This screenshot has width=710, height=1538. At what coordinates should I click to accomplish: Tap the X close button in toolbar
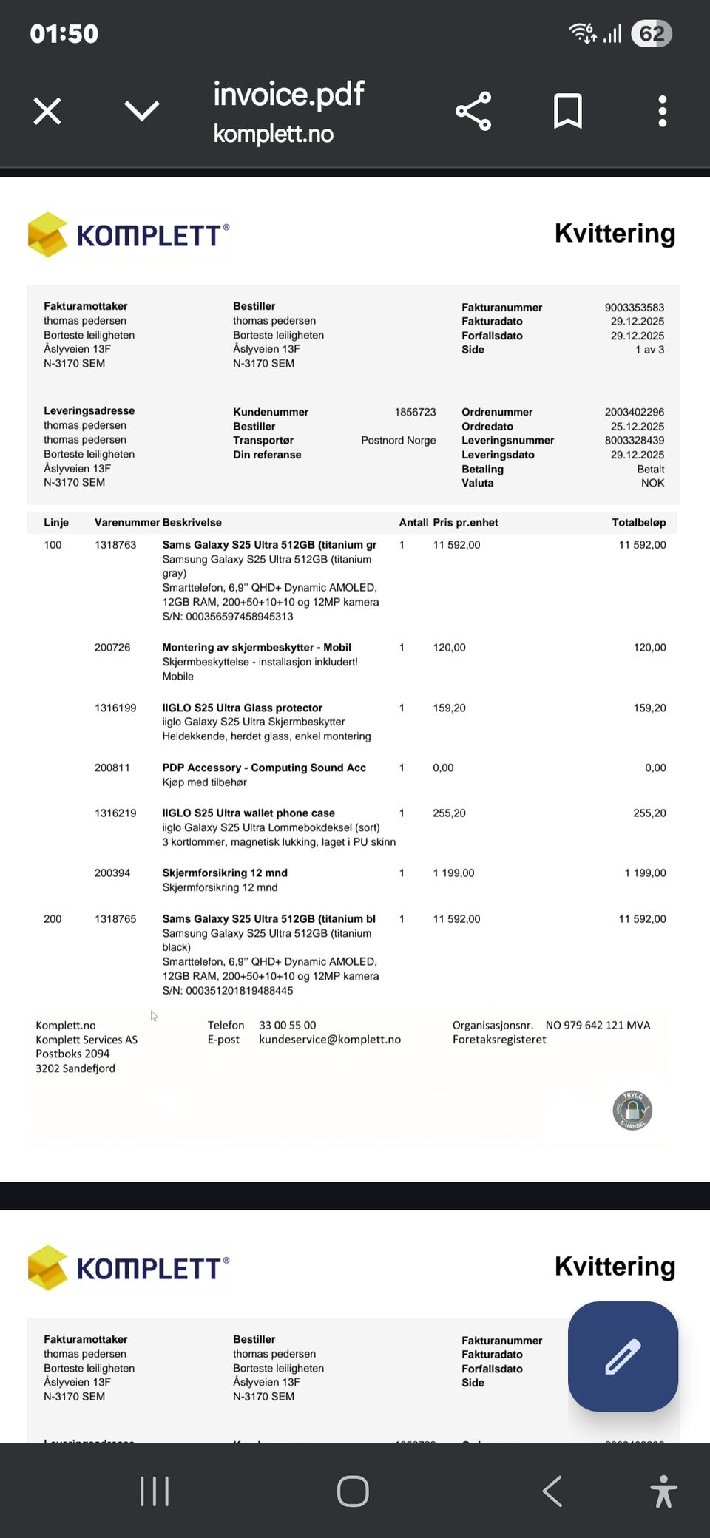pyautogui.click(x=47, y=112)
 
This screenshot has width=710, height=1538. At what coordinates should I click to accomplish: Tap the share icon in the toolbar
pyautogui.click(x=473, y=112)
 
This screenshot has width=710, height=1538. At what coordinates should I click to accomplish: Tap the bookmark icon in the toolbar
pyautogui.click(x=568, y=112)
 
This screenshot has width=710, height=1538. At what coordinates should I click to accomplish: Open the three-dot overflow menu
pyautogui.click(x=663, y=112)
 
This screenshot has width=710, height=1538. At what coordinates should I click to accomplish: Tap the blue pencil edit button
pyautogui.click(x=623, y=1356)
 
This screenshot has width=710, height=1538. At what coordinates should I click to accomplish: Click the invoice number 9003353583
pyautogui.click(x=634, y=308)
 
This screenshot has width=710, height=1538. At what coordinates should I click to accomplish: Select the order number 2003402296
pyautogui.click(x=634, y=412)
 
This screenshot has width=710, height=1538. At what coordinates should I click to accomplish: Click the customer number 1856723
pyautogui.click(x=415, y=412)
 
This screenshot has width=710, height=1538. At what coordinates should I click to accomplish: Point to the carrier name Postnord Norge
pyautogui.click(x=398, y=440)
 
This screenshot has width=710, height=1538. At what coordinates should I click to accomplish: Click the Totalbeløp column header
pyautogui.click(x=638, y=522)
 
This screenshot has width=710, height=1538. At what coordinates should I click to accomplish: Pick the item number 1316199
pyautogui.click(x=115, y=708)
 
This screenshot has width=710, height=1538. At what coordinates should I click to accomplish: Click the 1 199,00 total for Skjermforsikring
pyautogui.click(x=645, y=873)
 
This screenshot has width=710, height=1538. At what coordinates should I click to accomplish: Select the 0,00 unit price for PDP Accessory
pyautogui.click(x=443, y=768)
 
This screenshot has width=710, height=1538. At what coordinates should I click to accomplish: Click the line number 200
pyautogui.click(x=53, y=918)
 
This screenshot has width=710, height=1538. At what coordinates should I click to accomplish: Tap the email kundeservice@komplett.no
pyautogui.click(x=330, y=1039)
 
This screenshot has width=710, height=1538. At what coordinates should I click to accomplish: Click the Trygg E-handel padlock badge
pyautogui.click(x=632, y=1110)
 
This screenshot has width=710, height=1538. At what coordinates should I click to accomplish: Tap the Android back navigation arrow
pyautogui.click(x=552, y=1491)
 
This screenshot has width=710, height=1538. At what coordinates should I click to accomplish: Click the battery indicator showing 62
pyautogui.click(x=651, y=33)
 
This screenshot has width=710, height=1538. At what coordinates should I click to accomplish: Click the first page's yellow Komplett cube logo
pyautogui.click(x=48, y=234)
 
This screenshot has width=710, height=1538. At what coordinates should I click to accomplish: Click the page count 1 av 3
pyautogui.click(x=649, y=350)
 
